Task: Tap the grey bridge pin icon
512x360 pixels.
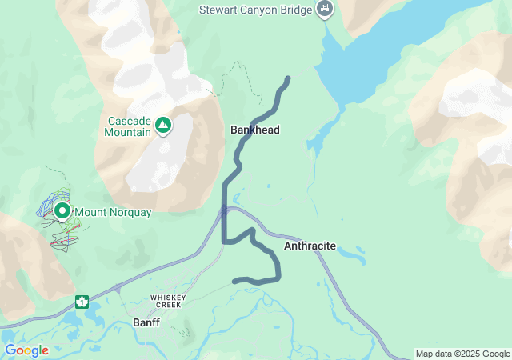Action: pos(325,9)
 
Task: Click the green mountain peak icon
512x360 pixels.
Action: pos(163,125)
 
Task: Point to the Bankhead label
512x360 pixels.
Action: pos(254,130)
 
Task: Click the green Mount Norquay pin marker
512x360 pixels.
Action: pos(62,211)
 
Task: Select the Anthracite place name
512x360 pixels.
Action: pos(310,246)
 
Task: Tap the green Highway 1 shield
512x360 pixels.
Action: pos(82,302)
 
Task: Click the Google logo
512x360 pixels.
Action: pos(26,350)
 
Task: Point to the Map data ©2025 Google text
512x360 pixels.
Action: pos(462,354)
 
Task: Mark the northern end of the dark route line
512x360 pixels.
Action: pos(287,78)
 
